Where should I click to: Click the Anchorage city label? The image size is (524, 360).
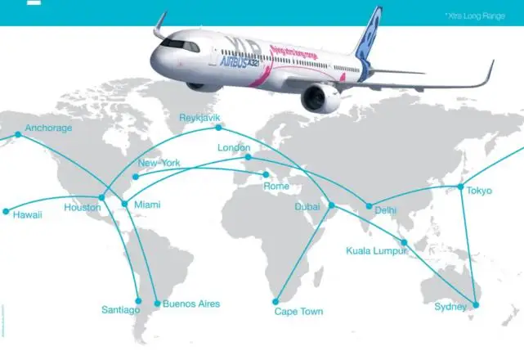[x=48, y=128]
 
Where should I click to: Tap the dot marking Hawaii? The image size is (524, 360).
[x=7, y=211]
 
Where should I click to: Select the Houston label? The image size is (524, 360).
[x=82, y=208]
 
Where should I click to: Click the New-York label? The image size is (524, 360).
[x=159, y=164]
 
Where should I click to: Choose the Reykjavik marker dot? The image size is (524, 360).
[x=218, y=127]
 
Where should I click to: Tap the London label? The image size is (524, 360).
[x=234, y=148]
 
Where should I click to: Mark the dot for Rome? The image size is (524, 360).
[x=265, y=174]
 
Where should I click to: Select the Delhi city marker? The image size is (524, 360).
[x=369, y=206]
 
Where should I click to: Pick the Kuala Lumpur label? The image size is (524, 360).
[x=377, y=250]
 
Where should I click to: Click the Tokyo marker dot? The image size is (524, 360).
[x=460, y=187]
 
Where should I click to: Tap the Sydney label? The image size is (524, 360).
[x=450, y=307]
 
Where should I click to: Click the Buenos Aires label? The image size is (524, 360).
[x=191, y=304]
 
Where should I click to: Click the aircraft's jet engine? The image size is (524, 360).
[x=320, y=98]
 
